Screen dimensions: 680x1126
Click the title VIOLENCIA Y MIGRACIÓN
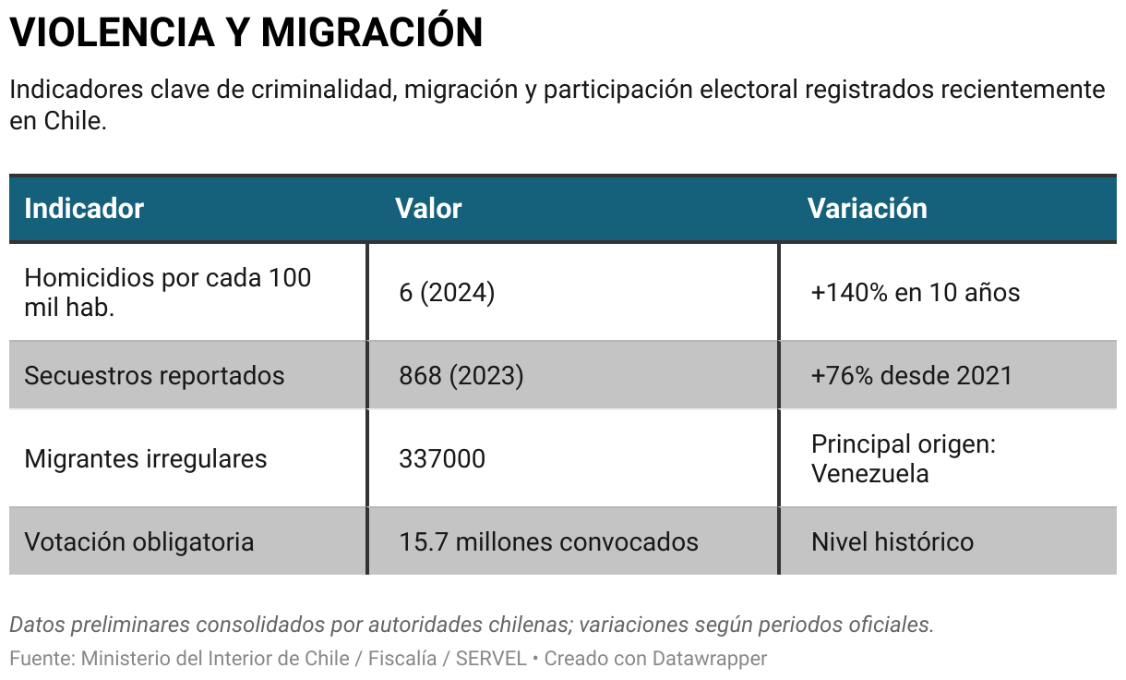[x=246, y=33]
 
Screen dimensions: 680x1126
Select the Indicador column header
[x=84, y=208]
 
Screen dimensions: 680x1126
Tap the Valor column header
[x=428, y=208]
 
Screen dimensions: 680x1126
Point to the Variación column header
[x=867, y=208]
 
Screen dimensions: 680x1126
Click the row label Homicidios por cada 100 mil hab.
[x=167, y=292]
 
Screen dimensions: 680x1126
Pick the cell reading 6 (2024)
[x=447, y=293]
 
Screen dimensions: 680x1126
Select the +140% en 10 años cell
[x=915, y=293]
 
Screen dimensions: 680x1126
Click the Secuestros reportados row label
[x=154, y=375]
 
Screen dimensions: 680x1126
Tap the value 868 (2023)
[x=461, y=375]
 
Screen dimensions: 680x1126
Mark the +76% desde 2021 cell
[x=911, y=375]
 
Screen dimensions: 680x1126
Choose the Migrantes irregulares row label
[x=145, y=458]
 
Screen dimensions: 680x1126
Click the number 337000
[x=441, y=458]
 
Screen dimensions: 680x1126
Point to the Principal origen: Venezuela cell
[x=903, y=458]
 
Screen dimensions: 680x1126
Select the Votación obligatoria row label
[x=138, y=541]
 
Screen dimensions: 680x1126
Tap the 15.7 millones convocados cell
[x=548, y=541]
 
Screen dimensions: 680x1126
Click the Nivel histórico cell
[x=892, y=541]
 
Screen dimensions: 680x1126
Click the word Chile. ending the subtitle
[x=76, y=121]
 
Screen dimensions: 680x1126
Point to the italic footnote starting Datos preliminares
[x=471, y=625]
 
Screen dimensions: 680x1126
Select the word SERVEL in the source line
[x=490, y=659]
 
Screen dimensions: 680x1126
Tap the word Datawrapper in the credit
[x=709, y=659]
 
